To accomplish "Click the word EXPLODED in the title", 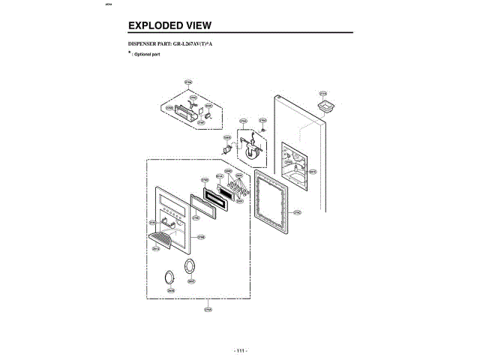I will (155, 25).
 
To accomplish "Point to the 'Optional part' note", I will (148, 55).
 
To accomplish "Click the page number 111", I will (240, 351).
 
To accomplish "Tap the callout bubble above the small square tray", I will (323, 94).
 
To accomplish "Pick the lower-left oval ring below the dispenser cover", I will (171, 277).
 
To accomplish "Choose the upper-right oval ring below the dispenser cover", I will (192, 267).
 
